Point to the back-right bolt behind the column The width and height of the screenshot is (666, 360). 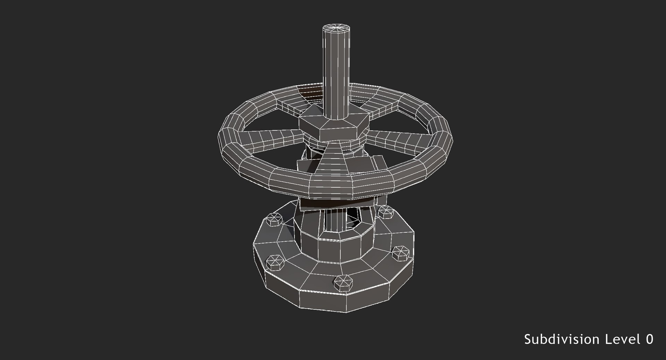(x=385, y=212)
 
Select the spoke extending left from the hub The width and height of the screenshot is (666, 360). (x=271, y=137)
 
